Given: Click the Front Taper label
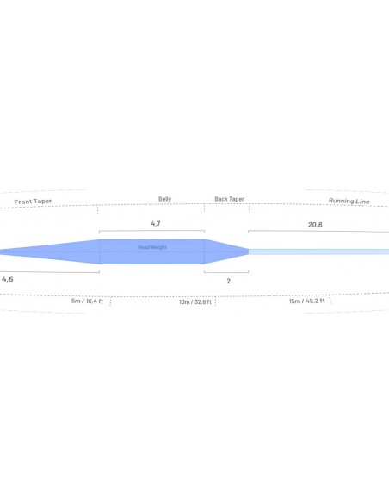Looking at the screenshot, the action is click(x=33, y=202).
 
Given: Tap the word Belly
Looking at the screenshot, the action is click(x=164, y=199).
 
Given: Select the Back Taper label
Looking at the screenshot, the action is click(x=230, y=199).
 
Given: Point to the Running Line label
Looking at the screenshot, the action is click(x=349, y=202).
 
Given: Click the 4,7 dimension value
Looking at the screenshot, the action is click(x=156, y=224).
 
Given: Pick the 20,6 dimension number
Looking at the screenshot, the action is click(x=315, y=225).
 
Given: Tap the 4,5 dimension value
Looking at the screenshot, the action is click(x=8, y=279).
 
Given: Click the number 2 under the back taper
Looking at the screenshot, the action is click(x=228, y=281).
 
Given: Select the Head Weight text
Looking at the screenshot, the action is click(x=152, y=247).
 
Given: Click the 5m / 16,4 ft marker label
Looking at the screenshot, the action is click(x=87, y=301).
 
